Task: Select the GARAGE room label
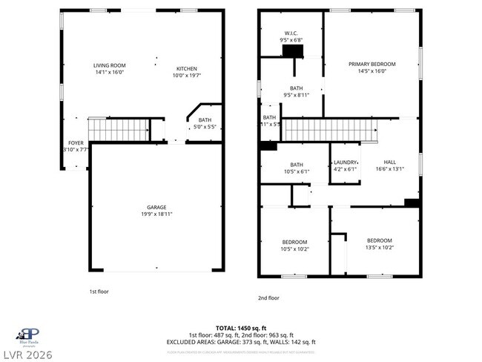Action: click(156, 207)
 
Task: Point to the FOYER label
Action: click(76, 142)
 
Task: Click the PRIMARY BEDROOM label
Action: click(372, 64)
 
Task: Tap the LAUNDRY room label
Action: click(345, 162)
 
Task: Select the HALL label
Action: click(389, 162)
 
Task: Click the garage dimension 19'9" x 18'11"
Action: click(156, 214)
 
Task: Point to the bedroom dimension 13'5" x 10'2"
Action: click(379, 248)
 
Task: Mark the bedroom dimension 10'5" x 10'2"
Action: click(294, 249)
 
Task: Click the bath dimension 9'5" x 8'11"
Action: click(296, 95)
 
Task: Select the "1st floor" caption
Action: click(99, 292)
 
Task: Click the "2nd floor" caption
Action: click(268, 297)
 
